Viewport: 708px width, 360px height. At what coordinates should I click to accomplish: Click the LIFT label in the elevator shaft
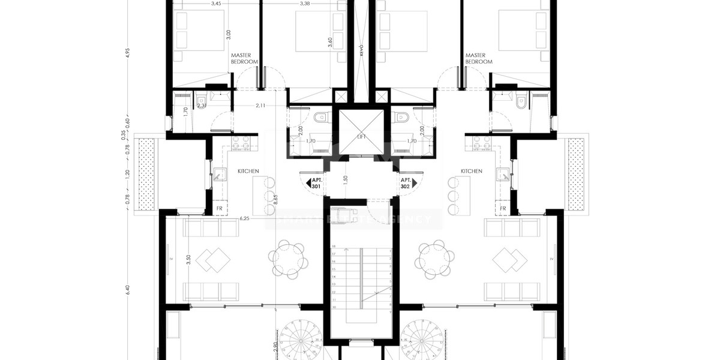coord(361,137)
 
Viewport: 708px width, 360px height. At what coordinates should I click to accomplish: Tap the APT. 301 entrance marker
coord(316,184)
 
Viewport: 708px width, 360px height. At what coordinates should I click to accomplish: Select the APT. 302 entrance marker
coord(406,184)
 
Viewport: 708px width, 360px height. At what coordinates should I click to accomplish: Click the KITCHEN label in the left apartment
coord(248,171)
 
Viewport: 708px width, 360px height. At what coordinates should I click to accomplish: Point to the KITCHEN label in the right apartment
coord(471,171)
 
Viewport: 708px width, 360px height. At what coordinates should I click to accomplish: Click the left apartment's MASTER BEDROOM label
coord(244,58)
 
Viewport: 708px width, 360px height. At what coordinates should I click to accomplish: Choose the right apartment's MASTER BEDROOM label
coord(478,58)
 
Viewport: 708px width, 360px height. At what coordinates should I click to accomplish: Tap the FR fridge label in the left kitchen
coord(220,209)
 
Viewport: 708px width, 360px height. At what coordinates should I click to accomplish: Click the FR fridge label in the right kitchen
coord(503,209)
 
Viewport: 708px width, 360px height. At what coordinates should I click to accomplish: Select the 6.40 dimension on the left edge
coord(127,289)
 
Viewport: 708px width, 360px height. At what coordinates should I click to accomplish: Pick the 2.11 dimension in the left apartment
coord(260,106)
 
